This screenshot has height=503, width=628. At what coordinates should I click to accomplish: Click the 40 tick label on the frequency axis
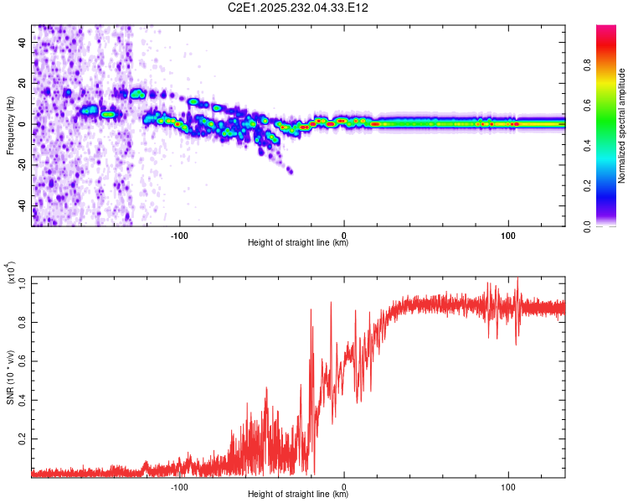[23, 42]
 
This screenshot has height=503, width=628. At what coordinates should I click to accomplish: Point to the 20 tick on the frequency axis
[23, 83]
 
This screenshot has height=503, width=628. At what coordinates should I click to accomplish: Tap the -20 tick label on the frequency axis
[22, 165]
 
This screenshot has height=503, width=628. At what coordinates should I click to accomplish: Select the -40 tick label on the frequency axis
[22, 206]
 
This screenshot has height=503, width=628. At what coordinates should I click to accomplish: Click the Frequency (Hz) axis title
[9, 126]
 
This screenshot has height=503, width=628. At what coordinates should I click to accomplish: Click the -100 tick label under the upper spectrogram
[178, 235]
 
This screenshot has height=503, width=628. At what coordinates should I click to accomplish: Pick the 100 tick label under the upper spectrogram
[507, 235]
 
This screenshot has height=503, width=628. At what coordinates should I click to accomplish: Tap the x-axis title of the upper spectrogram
[298, 243]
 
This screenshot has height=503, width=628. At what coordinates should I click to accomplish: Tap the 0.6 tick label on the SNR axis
[23, 360]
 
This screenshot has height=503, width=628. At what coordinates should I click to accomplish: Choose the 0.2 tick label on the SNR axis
[23, 438]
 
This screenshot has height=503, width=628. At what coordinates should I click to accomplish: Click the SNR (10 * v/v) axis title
[9, 377]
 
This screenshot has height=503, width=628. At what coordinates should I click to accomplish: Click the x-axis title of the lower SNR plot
[298, 495]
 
